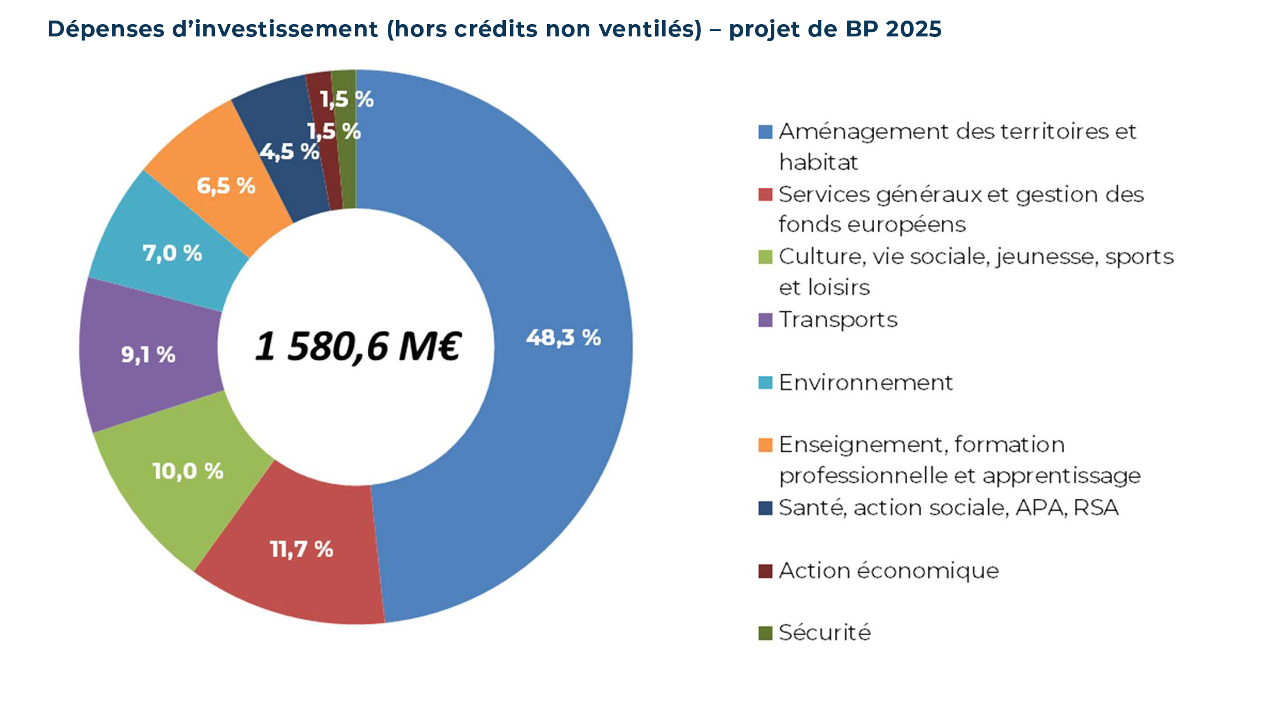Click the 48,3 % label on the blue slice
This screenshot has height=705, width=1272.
pyautogui.click(x=563, y=338)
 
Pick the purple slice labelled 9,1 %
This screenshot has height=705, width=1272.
pyautogui.click(x=148, y=355)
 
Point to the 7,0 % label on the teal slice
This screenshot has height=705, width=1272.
pyautogui.click(x=172, y=253)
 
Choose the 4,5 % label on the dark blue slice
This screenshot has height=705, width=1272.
pyautogui.click(x=289, y=152)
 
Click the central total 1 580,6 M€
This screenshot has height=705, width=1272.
pyautogui.click(x=358, y=346)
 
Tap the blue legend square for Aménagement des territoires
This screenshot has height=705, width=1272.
pyautogui.click(x=765, y=132)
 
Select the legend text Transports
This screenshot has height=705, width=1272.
pyautogui.click(x=838, y=320)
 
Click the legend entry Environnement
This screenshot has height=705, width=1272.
pyautogui.click(x=865, y=382)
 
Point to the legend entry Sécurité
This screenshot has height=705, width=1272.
pyautogui.click(x=824, y=633)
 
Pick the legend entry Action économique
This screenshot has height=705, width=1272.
pyautogui.click(x=888, y=570)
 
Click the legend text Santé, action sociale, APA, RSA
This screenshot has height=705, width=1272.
pyautogui.click(x=948, y=508)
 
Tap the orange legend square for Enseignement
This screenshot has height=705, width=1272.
pyautogui.click(x=765, y=445)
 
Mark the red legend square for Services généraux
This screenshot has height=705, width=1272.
pyautogui.click(x=765, y=194)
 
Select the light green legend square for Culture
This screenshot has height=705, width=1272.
pyautogui.click(x=765, y=257)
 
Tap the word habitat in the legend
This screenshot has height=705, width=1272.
pyautogui.click(x=818, y=162)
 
